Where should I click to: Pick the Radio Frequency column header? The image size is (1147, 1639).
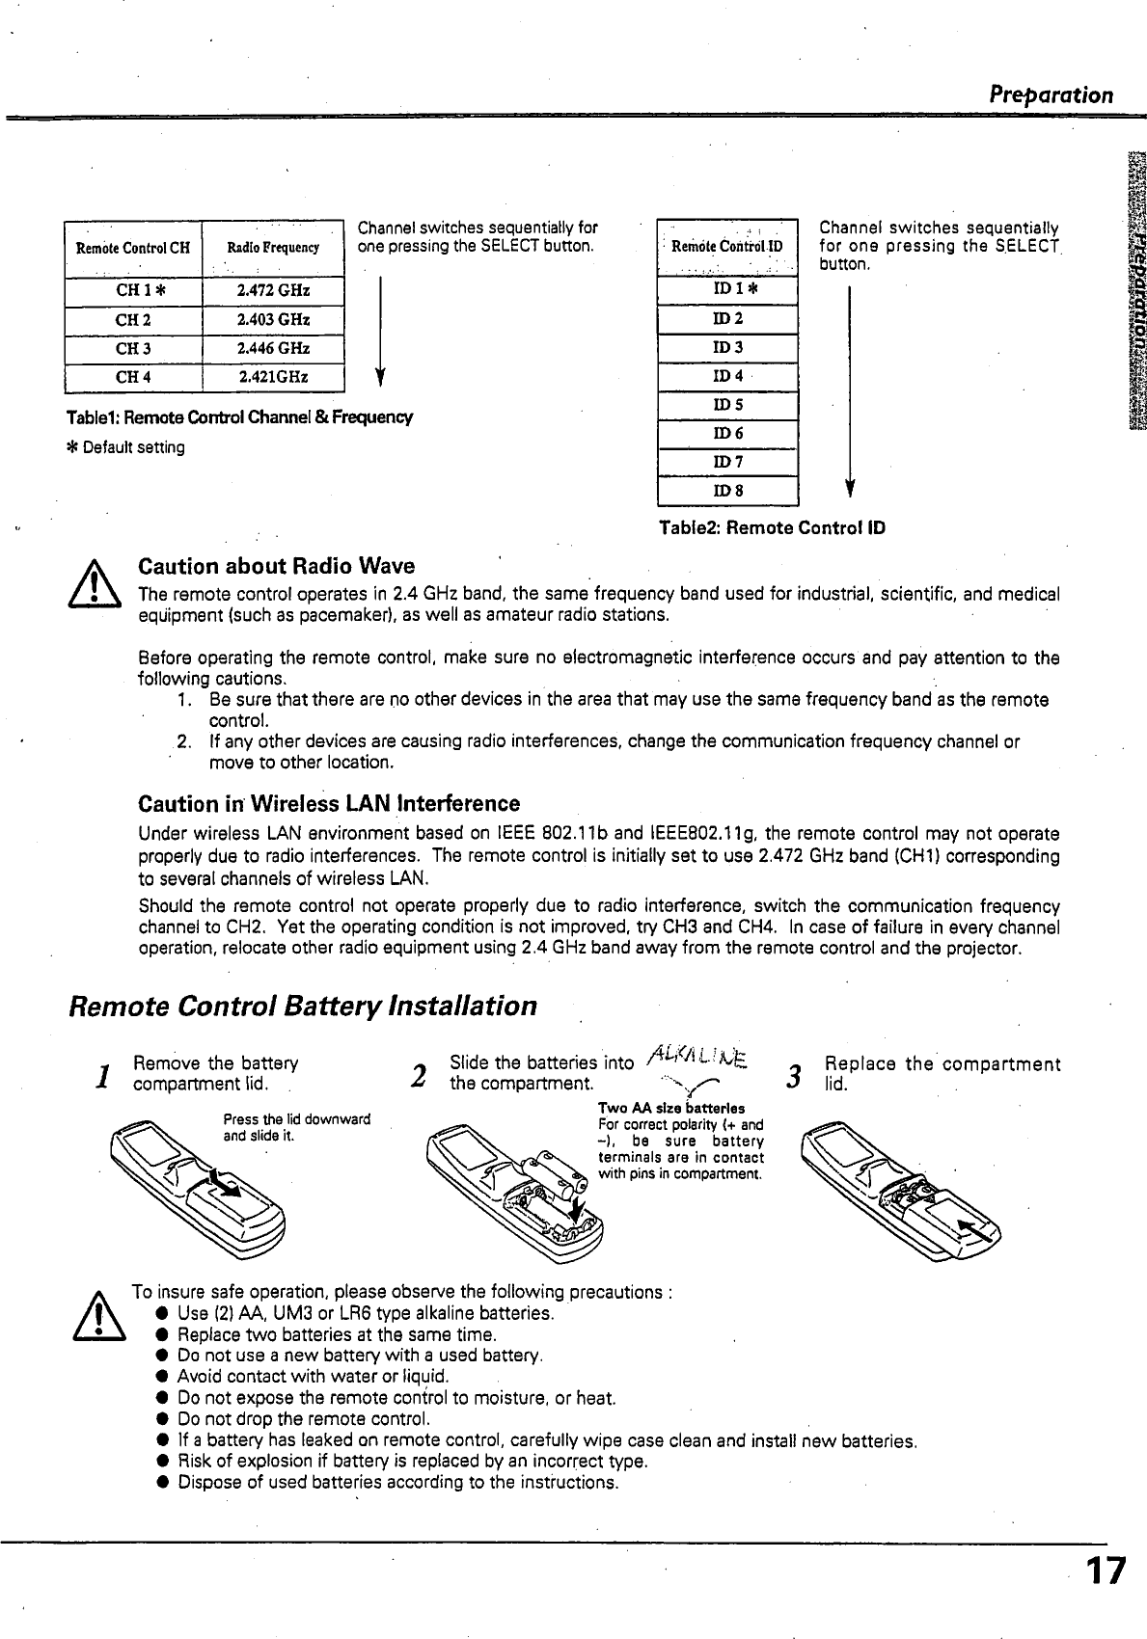[x=273, y=248]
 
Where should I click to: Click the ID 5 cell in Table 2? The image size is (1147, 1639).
[x=727, y=406]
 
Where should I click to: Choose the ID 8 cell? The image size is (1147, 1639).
[x=727, y=491]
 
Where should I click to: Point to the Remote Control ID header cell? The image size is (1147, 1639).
[x=727, y=247]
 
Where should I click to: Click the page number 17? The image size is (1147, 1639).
[x=1105, y=1572]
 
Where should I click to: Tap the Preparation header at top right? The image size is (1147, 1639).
[x=1051, y=94]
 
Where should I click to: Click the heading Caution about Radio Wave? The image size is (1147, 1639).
[x=277, y=566]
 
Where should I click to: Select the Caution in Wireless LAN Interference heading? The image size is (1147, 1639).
[x=329, y=804]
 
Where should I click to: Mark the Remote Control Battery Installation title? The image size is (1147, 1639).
[x=303, y=1007]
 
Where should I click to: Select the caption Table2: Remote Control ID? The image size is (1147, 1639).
[x=772, y=528]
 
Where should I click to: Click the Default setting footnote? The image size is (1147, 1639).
[x=125, y=447]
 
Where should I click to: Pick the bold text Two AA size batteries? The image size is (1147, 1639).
[x=670, y=1109]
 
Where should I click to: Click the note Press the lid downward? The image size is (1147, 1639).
[x=296, y=1119]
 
